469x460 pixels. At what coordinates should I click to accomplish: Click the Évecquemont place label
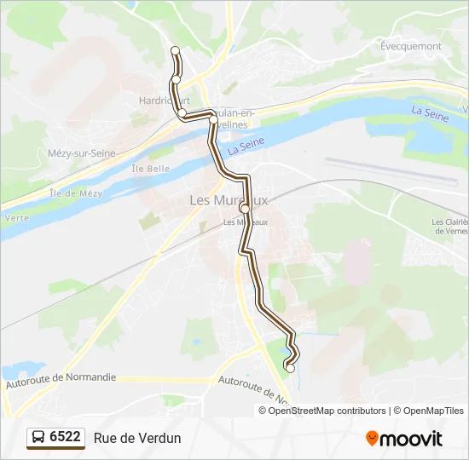(411, 47)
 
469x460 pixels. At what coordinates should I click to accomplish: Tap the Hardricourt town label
(164, 100)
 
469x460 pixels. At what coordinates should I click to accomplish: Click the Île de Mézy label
(76, 193)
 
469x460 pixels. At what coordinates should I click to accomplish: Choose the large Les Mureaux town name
(228, 201)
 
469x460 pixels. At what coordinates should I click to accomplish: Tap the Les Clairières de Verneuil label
(449, 227)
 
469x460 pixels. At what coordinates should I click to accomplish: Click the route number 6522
(65, 437)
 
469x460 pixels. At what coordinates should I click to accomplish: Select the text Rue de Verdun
(137, 438)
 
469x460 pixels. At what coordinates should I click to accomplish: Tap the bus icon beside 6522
(38, 438)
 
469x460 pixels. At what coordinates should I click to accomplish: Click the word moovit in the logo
(411, 439)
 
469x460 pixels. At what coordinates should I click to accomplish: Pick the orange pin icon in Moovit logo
(372, 438)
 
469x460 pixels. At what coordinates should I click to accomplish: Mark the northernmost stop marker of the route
(176, 50)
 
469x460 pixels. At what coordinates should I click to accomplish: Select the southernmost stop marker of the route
(290, 368)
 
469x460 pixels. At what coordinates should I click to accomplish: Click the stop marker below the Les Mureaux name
(245, 209)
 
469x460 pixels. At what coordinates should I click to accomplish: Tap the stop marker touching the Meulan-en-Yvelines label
(213, 120)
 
